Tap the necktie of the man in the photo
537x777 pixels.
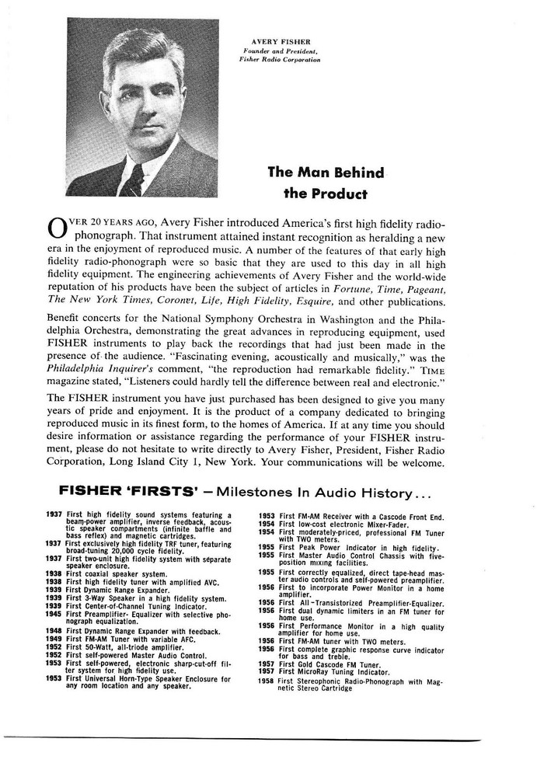pyautogui.click(x=134, y=183)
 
